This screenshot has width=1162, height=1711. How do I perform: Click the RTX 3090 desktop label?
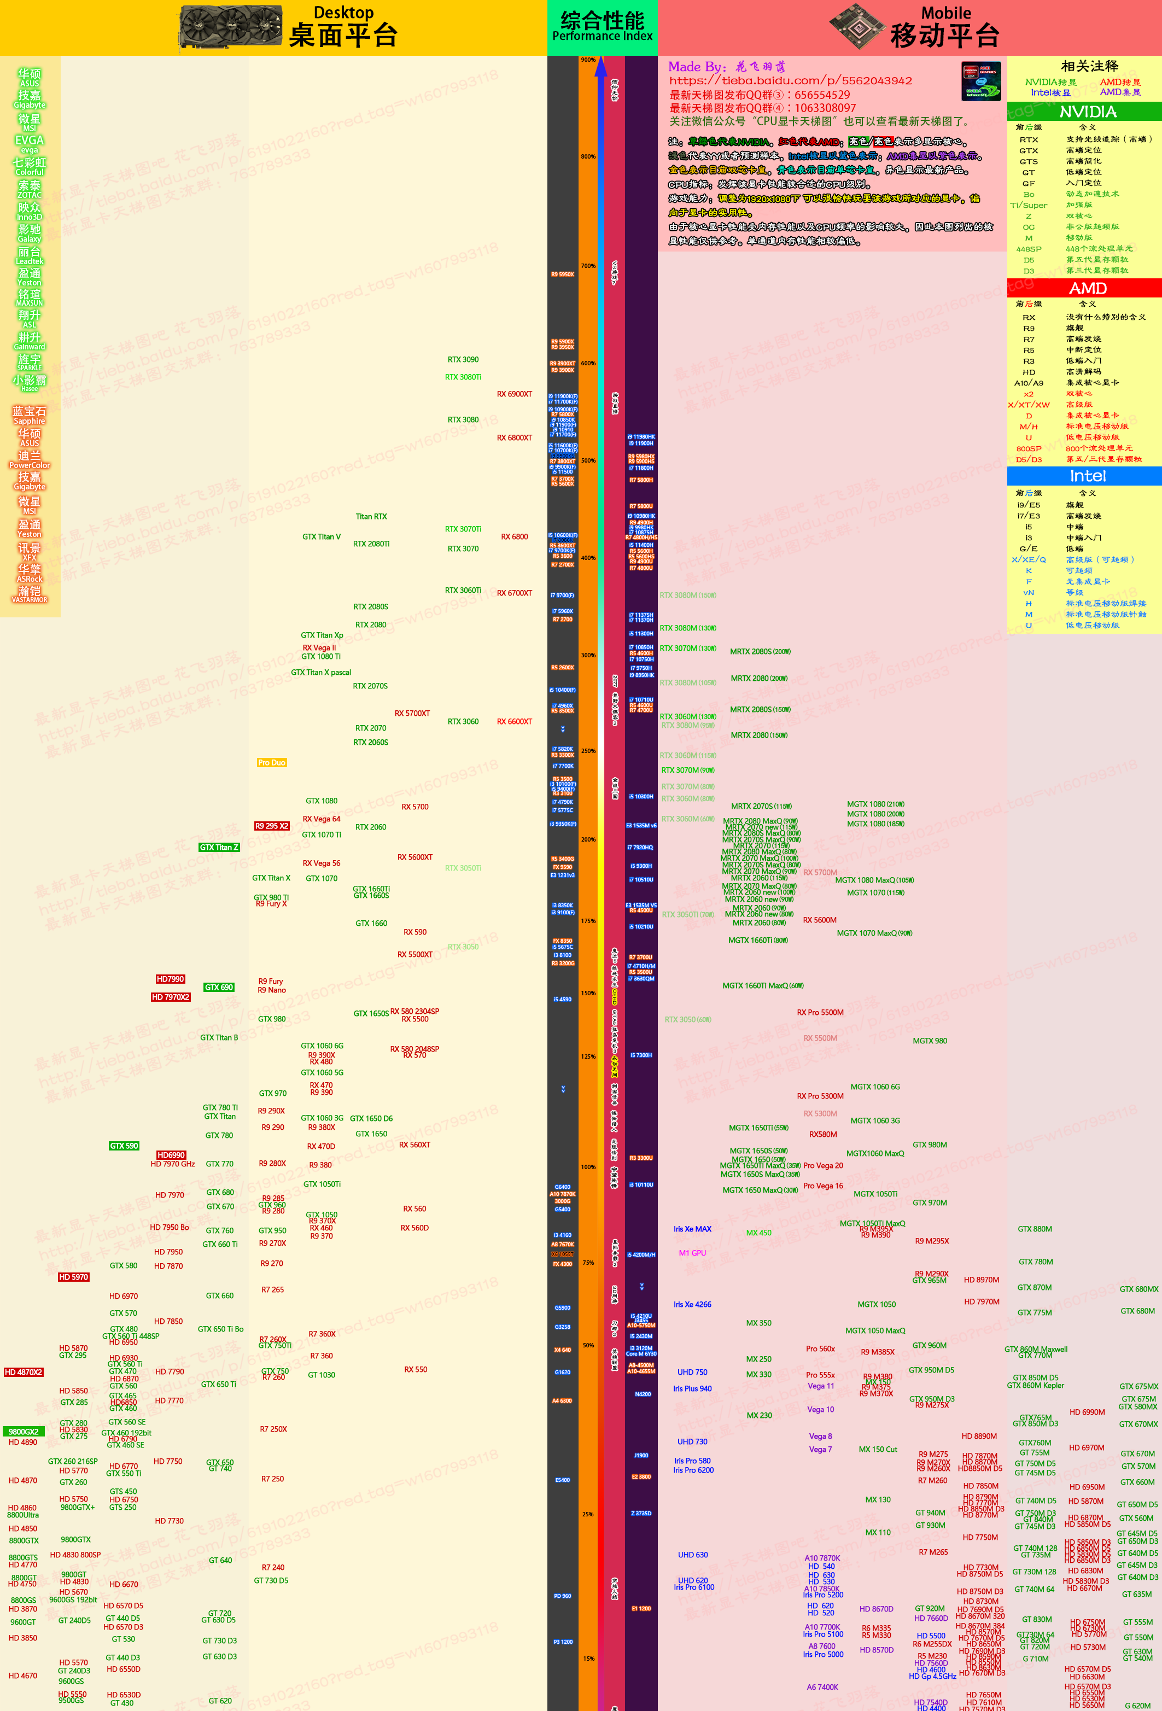[x=463, y=360]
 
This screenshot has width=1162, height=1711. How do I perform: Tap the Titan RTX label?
[x=371, y=517]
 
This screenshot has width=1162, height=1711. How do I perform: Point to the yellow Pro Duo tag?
[x=272, y=763]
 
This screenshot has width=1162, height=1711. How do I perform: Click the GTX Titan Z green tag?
[x=219, y=848]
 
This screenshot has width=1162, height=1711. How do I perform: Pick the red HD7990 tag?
[x=170, y=979]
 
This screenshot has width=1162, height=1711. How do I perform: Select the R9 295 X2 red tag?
[x=272, y=826]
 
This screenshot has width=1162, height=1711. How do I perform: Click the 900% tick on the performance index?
[x=588, y=60]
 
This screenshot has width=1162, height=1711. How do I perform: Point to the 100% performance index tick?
[x=588, y=1167]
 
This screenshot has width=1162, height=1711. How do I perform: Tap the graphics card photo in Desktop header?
[x=230, y=28]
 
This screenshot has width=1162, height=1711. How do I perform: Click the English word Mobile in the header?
[x=945, y=13]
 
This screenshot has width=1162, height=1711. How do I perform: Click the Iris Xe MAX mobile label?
[x=692, y=1229]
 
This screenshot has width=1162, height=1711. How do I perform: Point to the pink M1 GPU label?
[x=692, y=1253]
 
